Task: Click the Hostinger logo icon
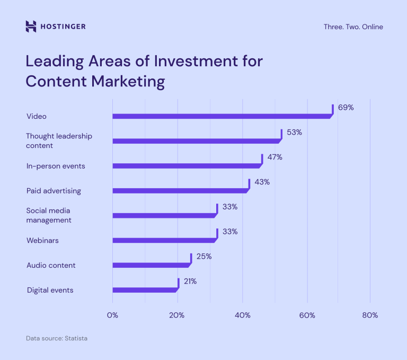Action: [31, 27]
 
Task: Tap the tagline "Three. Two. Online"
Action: [353, 27]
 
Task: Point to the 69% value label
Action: [346, 107]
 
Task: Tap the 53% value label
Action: [294, 132]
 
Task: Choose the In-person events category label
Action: [56, 166]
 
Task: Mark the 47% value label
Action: [275, 157]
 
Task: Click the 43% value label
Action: [262, 182]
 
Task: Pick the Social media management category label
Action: [49, 215]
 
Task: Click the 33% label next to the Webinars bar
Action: [230, 232]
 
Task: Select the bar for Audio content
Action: [151, 265]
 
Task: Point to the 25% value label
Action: [204, 256]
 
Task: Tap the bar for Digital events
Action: [145, 290]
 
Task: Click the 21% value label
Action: [190, 281]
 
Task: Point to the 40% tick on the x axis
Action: [242, 315]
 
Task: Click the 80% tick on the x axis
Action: [370, 315]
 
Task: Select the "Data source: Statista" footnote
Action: [57, 338]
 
